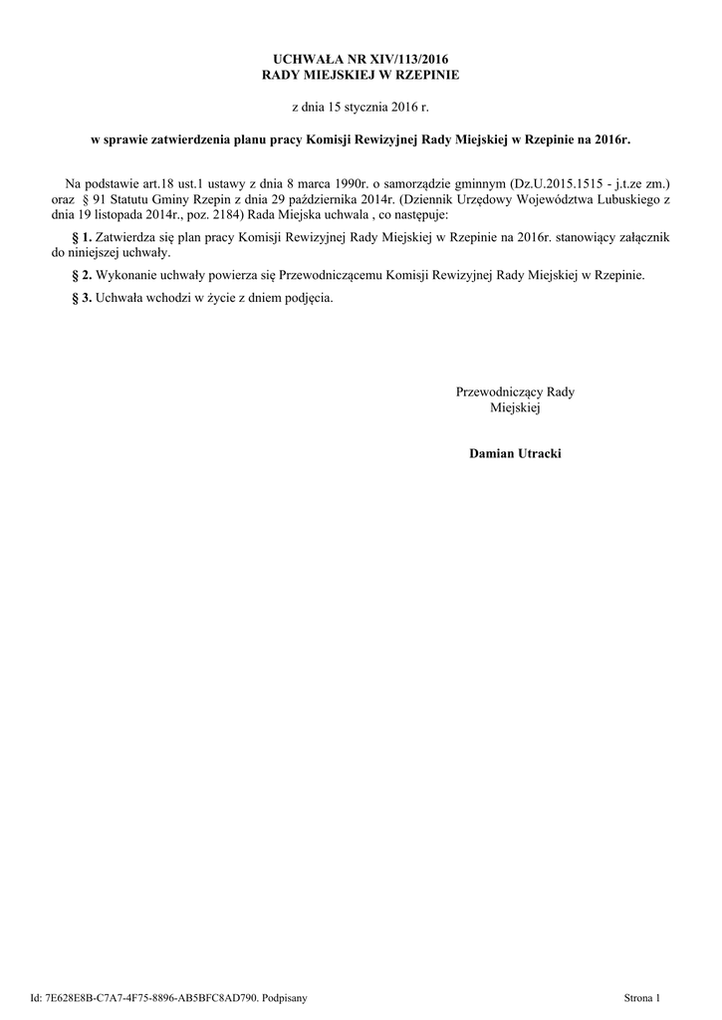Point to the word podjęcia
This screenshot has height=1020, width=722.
(304, 298)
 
